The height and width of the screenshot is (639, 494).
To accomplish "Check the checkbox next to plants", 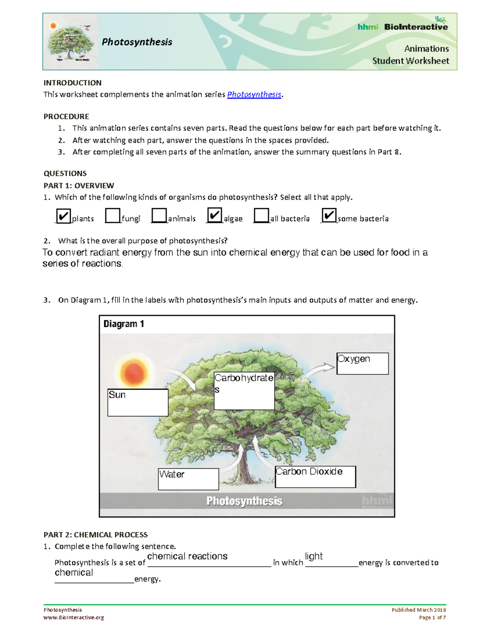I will point(63,216).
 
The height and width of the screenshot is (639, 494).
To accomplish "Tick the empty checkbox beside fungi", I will point(112,216).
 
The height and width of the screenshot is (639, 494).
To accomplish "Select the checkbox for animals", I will point(159,216).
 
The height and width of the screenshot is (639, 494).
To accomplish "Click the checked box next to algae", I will point(214,215).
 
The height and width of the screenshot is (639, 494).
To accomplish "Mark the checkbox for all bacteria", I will point(261,216).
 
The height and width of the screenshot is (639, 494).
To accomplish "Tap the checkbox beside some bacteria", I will point(329,215).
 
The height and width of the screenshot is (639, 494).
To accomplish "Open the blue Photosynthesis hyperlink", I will point(254,95).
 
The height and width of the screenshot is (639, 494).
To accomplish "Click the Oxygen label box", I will point(362,363).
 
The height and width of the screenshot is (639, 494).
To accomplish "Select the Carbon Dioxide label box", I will point(315,476).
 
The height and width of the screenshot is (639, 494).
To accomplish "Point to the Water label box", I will point(188,479).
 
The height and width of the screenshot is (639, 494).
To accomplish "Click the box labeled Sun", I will point(137,402).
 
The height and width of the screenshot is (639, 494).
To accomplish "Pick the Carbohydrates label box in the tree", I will point(244,391).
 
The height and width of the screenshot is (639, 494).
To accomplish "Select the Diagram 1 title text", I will point(123,324).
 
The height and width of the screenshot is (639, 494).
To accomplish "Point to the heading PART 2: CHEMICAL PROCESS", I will point(96,535).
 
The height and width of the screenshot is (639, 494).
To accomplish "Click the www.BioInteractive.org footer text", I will point(74,618).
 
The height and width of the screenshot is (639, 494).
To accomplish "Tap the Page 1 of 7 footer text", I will point(432,618).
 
